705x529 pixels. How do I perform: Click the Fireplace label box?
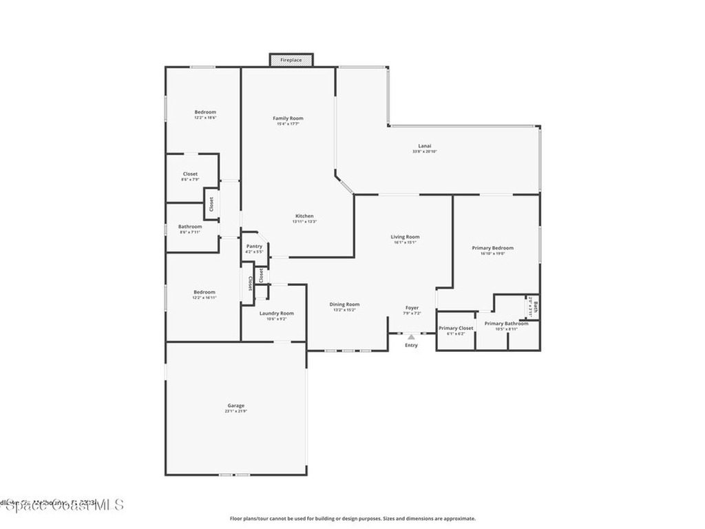[291, 60]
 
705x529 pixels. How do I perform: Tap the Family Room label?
[288, 118]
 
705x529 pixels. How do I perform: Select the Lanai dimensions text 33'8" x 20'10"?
[425, 152]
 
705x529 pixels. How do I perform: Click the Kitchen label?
[304, 216]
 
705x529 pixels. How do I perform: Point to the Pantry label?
[254, 246]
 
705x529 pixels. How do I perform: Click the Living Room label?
[405, 236]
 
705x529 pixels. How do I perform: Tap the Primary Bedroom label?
[492, 248]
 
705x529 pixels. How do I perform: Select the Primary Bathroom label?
[506, 323]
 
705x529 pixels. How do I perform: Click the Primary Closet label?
[456, 328]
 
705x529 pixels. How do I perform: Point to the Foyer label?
[412, 308]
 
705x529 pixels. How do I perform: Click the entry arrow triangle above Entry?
[411, 337]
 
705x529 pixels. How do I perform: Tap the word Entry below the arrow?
[411, 345]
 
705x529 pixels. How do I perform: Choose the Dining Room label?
[344, 304]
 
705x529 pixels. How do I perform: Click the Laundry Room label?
[276, 313]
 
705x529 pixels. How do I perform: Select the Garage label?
[236, 405]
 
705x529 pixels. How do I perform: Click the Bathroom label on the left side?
[190, 227]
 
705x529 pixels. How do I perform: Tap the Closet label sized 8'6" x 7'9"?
[190, 174]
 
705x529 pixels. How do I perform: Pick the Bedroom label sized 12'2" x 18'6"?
[204, 112]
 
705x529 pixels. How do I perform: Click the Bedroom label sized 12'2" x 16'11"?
[204, 292]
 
